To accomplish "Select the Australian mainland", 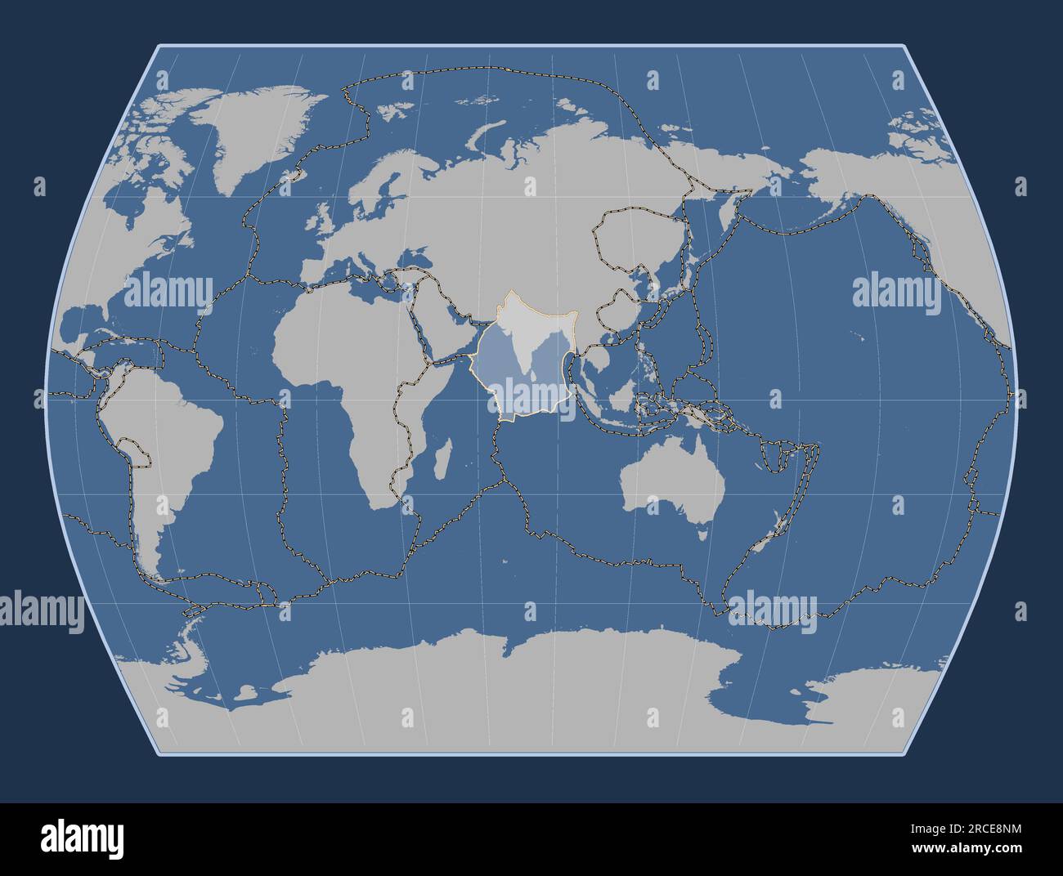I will tap(671, 482).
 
